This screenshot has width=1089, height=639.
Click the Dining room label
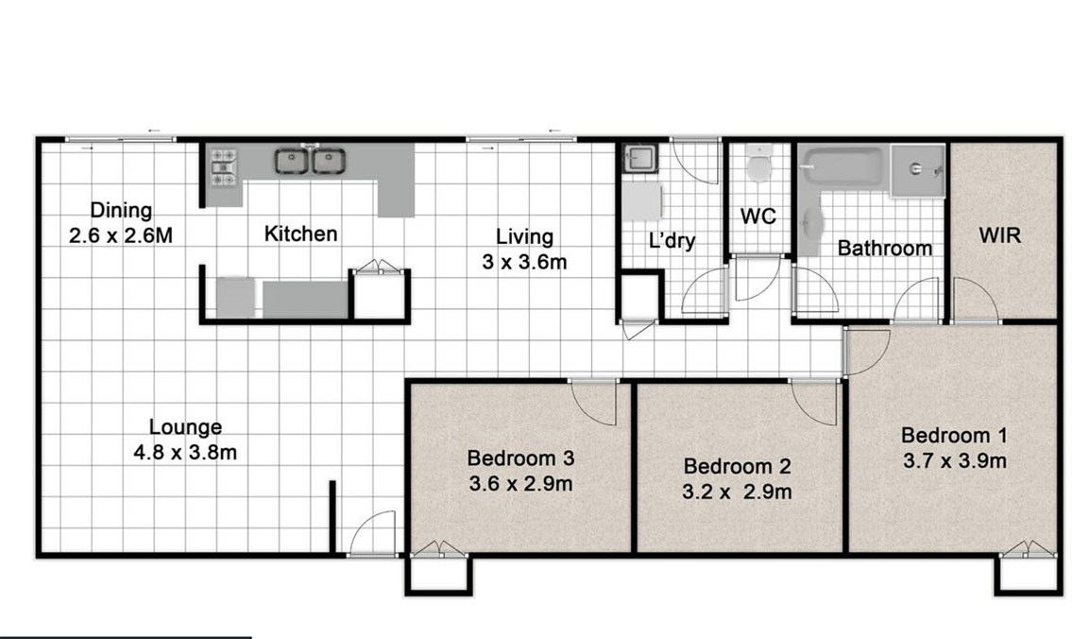[121, 210]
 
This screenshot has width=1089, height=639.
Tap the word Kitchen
[300, 233]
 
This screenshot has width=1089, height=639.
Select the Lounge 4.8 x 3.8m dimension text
[185, 453]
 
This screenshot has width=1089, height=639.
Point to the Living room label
[524, 236]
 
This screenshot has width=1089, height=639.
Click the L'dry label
[672, 241]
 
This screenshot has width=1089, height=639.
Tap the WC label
[757, 216]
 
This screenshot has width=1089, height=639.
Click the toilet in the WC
[759, 164]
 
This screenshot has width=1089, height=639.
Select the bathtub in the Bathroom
[842, 167]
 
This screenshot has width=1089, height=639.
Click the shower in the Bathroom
[917, 170]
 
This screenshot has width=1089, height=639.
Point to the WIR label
[1000, 235]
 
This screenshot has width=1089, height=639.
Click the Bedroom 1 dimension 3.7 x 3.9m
[955, 460]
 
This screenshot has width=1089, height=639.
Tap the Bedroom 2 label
[737, 466]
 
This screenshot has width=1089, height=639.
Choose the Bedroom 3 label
[520, 458]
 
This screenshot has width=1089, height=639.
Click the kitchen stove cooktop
[224, 167]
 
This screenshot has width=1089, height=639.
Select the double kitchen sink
[310, 161]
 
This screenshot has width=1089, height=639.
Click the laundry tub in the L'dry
[639, 159]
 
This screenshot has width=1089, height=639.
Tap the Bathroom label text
[885, 248]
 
